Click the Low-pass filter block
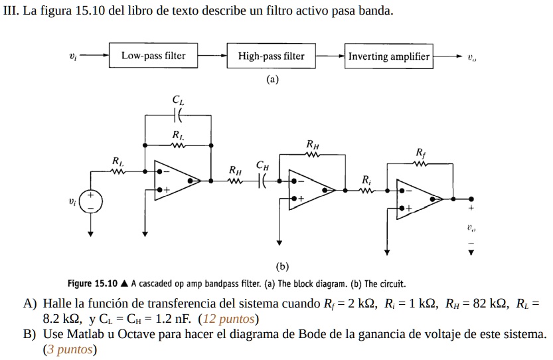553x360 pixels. click(153, 56)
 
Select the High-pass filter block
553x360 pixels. click(271, 56)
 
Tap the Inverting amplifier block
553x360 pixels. click(389, 56)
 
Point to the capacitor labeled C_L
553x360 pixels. click(177, 116)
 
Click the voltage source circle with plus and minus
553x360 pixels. click(92, 201)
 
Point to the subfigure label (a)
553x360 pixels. click(272, 79)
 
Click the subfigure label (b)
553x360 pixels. click(283, 266)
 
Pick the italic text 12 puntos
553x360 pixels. click(228, 318)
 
